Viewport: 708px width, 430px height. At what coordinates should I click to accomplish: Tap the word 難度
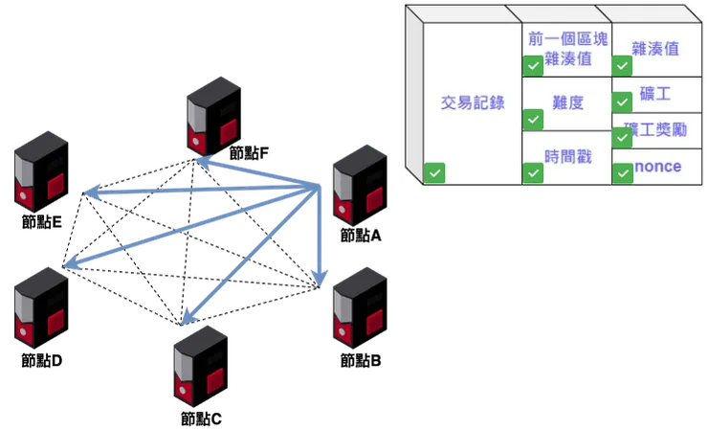pyautogui.click(x=567, y=102)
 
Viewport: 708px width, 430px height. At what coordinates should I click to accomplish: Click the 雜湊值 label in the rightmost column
pyautogui.click(x=655, y=47)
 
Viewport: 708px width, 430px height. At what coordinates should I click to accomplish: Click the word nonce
pyautogui.click(x=658, y=167)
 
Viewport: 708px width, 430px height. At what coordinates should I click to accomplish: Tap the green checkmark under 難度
pyautogui.click(x=533, y=120)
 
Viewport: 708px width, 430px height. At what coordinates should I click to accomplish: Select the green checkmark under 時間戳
pyautogui.click(x=533, y=172)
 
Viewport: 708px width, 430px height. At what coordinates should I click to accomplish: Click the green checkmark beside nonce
pyautogui.click(x=622, y=172)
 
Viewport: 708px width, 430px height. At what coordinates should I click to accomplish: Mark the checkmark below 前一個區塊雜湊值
pyautogui.click(x=533, y=66)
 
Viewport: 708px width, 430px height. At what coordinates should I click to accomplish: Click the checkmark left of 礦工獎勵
pyautogui.click(x=622, y=137)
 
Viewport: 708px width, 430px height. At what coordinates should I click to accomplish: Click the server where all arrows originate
pyautogui.click(x=356, y=182)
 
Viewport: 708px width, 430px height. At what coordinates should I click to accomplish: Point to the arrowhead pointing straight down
pyautogui.click(x=321, y=279)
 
